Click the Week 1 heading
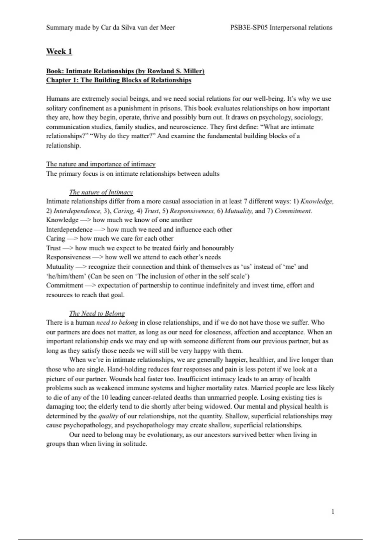point(59,51)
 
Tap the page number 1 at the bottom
point(332,511)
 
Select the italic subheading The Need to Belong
point(97,314)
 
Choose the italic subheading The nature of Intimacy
point(101,192)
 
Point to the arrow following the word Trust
point(68,248)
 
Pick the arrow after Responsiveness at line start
point(97,257)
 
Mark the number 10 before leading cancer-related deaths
point(105,397)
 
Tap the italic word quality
point(108,416)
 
